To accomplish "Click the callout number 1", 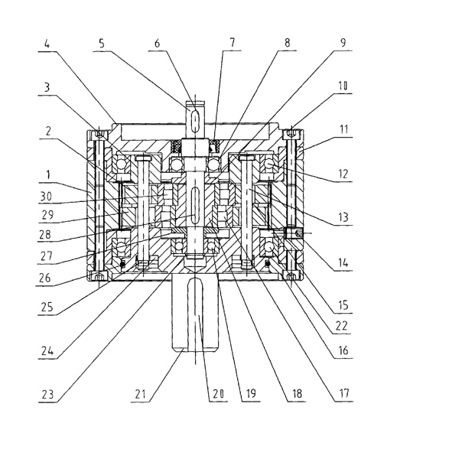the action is (48, 174).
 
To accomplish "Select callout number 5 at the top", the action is (102, 44).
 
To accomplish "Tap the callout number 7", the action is (232, 42).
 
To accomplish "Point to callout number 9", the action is (343, 42).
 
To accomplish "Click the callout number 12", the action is (343, 174).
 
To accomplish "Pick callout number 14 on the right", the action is (343, 262).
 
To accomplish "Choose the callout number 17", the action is (344, 393).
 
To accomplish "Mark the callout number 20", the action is (218, 394).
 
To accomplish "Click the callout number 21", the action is (140, 394).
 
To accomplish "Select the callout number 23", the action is (47, 395).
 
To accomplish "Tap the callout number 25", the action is (47, 307).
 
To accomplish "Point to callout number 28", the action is (45, 234).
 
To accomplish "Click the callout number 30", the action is (46, 196).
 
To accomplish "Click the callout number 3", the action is (47, 87).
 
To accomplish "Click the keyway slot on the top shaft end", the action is (194, 120).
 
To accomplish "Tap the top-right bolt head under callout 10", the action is (291, 133).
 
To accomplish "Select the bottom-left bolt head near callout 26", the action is (99, 275).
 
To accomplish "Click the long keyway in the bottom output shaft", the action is (195, 313).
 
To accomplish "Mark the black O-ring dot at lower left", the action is (122, 265).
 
